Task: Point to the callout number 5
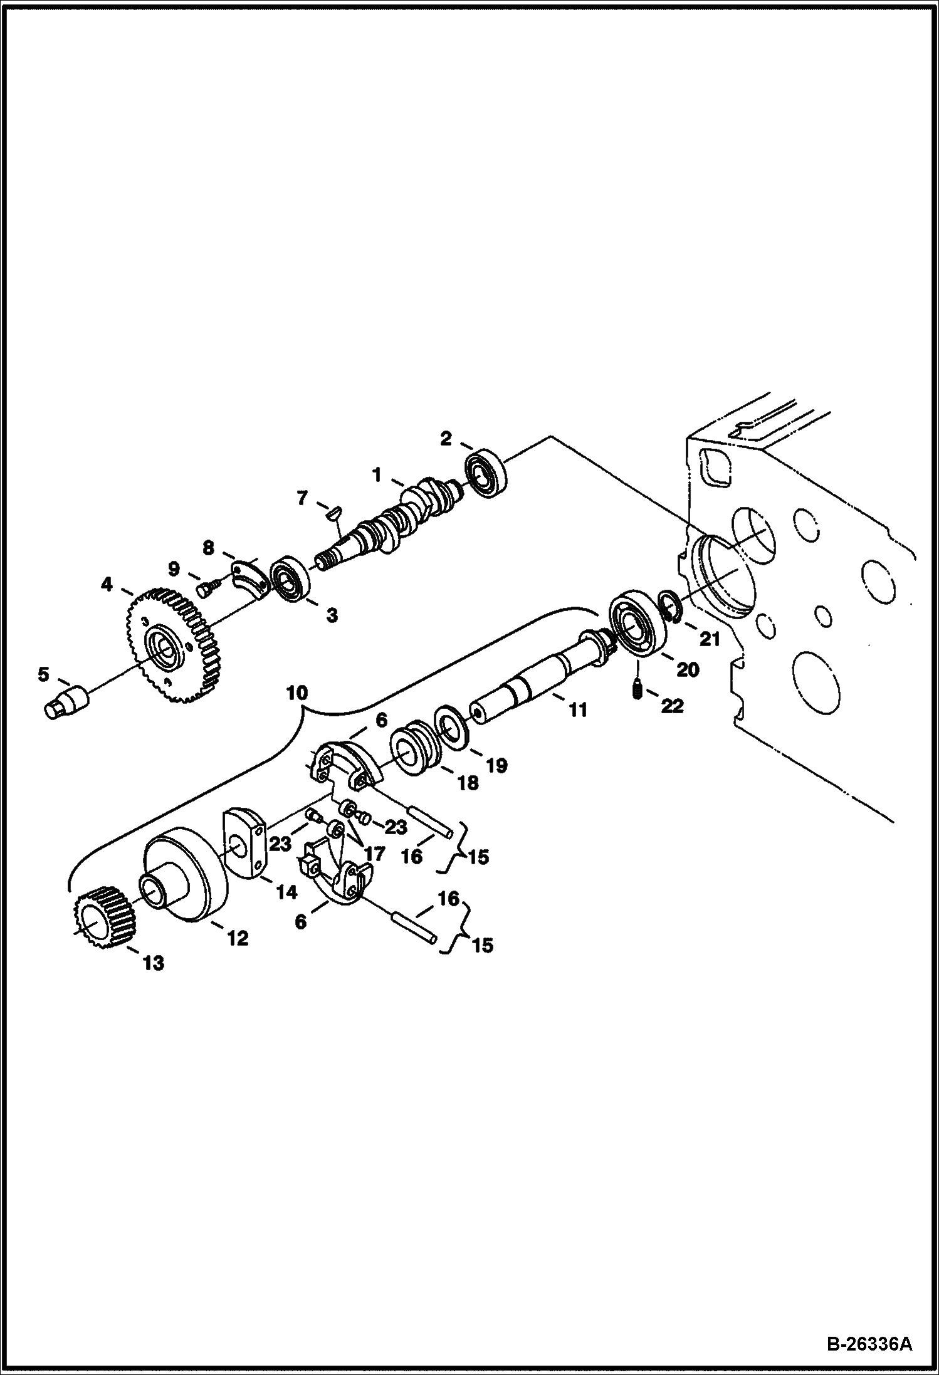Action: point(43,674)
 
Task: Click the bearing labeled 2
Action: point(485,473)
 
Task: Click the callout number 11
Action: point(577,710)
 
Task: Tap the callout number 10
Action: point(297,693)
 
